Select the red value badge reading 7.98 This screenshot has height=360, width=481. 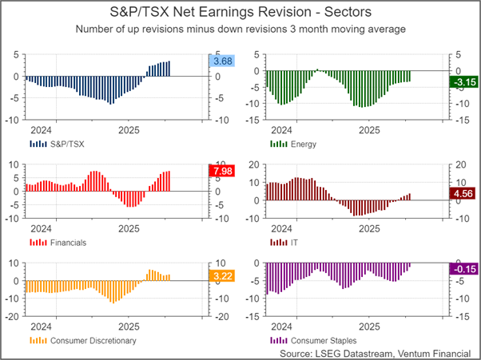220,171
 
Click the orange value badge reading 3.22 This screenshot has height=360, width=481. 220,276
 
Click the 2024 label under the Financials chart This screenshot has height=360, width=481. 41,227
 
